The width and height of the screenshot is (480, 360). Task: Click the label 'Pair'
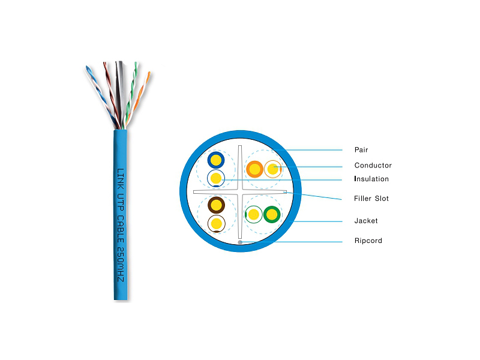click(361, 150)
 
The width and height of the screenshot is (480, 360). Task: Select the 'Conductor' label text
click(373, 166)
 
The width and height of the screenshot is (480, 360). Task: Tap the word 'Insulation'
click(371, 179)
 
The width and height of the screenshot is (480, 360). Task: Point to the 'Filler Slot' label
click(371, 199)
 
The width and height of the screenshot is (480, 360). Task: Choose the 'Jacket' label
click(366, 221)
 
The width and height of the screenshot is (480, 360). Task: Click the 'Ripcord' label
click(368, 241)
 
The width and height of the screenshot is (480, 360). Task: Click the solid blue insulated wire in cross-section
click(216, 160)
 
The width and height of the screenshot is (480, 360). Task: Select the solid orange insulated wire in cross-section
click(255, 169)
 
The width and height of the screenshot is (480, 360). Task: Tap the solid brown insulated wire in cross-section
click(216, 205)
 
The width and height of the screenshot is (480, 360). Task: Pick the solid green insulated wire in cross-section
click(272, 214)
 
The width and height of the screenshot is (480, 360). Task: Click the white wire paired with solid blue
click(216, 178)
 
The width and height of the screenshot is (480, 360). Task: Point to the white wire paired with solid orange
click(273, 169)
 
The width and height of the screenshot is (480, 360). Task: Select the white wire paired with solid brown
click(216, 224)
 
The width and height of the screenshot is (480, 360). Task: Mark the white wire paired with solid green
click(254, 214)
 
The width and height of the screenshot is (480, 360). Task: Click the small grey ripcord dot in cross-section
click(240, 242)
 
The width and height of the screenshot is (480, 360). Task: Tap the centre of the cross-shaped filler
click(240, 192)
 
